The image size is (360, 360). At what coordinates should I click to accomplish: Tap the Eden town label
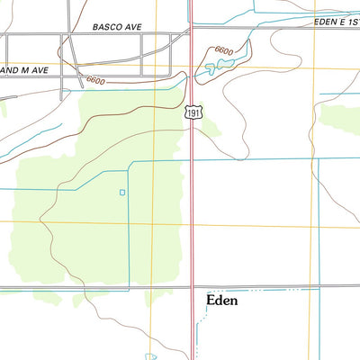[x=222, y=301]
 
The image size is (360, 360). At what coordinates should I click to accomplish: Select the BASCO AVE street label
[x=117, y=28]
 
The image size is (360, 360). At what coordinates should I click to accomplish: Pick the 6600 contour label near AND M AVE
[x=95, y=81]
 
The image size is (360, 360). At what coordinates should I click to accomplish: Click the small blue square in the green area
[x=122, y=192]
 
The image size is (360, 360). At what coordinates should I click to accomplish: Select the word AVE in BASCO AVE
[x=135, y=28]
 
